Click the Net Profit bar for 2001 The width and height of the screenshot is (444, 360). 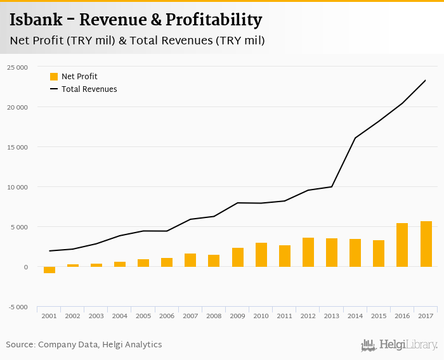coord(49,270)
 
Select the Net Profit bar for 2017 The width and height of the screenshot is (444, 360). coord(425,244)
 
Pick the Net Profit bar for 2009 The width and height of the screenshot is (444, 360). coord(237,257)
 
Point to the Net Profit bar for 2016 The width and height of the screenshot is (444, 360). coord(402,245)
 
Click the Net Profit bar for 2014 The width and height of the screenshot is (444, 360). coord(355,253)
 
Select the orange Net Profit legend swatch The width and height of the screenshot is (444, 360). coord(54,77)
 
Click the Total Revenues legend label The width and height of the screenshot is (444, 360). coord(89,89)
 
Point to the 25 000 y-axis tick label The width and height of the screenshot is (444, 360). coord(17,67)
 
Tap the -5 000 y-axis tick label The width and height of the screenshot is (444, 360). coord(17,307)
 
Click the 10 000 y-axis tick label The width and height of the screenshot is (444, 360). coord(17,187)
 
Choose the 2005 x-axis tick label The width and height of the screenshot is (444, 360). coord(143,315)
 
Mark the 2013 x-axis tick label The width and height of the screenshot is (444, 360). coord(331,315)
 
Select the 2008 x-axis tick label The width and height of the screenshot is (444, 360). coord(214,315)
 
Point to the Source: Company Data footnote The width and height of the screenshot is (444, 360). coord(84,345)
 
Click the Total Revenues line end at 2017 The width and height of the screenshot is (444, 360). coord(425,80)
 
